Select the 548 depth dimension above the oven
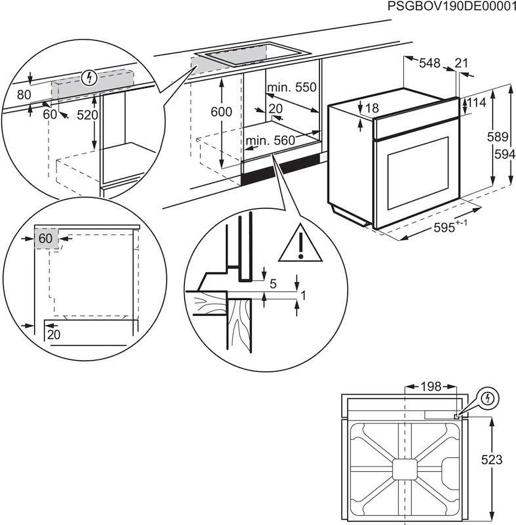(x=429, y=63)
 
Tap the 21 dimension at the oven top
(x=462, y=63)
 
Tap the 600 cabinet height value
(x=221, y=112)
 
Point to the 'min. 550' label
(x=291, y=87)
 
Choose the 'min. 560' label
(x=270, y=140)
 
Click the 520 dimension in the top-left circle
(x=87, y=115)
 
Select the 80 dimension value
(x=24, y=94)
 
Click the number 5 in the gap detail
(x=272, y=283)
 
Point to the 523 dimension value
(x=503, y=461)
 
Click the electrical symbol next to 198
(x=488, y=398)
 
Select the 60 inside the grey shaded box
(x=45, y=238)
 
